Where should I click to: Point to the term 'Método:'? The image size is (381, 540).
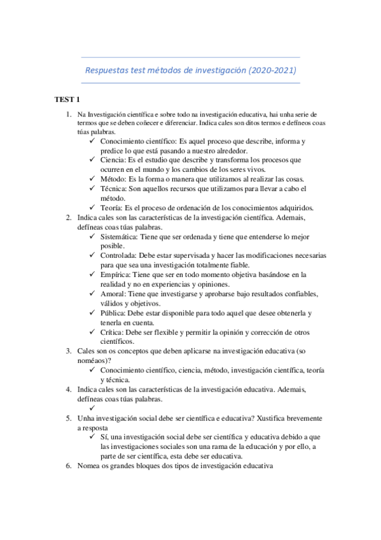[114, 179]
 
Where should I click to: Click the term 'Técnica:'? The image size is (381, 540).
[116, 188]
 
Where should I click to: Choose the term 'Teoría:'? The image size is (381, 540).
[113, 208]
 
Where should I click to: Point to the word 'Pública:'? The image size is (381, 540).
[114, 313]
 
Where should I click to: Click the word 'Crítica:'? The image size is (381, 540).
[114, 332]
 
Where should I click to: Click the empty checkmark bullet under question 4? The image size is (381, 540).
[93, 408]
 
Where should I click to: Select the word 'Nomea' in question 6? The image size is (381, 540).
[89, 465]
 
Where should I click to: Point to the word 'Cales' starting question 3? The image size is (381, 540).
[87, 351]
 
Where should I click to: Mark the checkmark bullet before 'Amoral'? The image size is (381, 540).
[93, 294]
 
